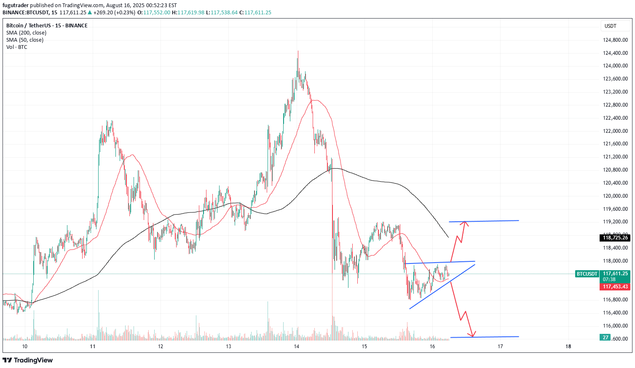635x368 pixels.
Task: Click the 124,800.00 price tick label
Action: (x=615, y=40)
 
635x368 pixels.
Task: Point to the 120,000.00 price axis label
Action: (x=615, y=196)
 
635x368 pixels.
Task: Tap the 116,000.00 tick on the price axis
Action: (x=615, y=325)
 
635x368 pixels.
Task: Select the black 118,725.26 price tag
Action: (x=615, y=238)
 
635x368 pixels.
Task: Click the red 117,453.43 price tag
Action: (x=615, y=287)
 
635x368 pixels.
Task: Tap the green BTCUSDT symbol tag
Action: (x=587, y=274)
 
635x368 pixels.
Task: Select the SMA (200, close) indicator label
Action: (x=26, y=33)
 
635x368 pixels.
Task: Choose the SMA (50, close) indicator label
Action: (x=24, y=40)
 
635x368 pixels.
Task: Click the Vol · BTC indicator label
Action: (x=17, y=47)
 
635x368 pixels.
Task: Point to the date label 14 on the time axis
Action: (x=297, y=347)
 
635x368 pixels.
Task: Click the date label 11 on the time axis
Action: (x=93, y=347)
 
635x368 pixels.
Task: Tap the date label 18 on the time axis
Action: (x=568, y=347)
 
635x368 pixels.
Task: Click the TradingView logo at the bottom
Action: (x=28, y=360)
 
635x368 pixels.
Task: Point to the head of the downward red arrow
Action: (x=473, y=335)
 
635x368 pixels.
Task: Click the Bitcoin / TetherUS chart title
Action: (x=47, y=26)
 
